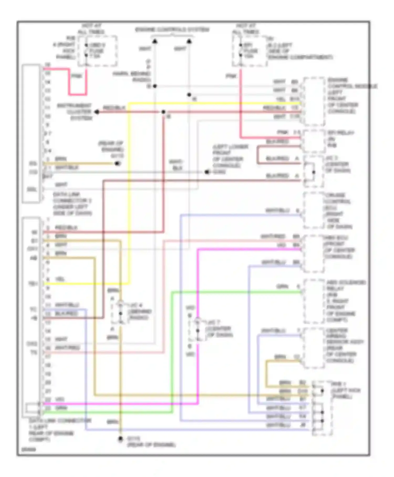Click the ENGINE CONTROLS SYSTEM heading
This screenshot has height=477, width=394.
(172, 30)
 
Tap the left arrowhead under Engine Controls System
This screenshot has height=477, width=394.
(155, 41)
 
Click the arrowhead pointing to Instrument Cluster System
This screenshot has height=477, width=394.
(97, 112)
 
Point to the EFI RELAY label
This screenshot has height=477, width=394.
(340, 139)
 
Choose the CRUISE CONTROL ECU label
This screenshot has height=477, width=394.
(338, 211)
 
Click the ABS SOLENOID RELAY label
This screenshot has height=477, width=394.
(345, 301)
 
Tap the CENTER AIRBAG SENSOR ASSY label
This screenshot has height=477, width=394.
(344, 345)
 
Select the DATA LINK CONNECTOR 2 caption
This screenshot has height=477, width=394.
(72, 204)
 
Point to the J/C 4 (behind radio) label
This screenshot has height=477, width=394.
(139, 311)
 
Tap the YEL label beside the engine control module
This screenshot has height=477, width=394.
(281, 99)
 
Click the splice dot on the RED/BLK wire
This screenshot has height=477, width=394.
(163, 112)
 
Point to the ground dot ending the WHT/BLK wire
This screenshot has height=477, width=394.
(207, 172)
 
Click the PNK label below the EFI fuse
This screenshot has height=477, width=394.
(231, 76)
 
